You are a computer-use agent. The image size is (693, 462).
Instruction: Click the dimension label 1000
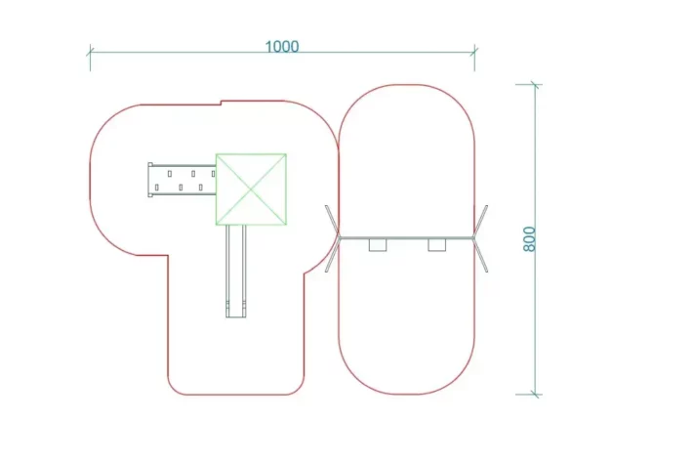282,47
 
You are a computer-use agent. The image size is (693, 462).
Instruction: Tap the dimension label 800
529,239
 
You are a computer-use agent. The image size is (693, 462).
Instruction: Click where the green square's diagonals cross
251,189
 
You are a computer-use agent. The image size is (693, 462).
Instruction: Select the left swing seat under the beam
378,245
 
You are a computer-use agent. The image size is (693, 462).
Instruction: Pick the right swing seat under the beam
437,245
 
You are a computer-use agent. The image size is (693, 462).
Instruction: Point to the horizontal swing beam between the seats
407,238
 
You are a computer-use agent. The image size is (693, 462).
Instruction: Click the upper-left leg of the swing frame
333,222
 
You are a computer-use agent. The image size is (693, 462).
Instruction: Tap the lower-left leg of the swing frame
333,255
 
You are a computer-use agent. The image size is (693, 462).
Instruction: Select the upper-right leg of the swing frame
481,222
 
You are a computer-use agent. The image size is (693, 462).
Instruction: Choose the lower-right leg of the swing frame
481,255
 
